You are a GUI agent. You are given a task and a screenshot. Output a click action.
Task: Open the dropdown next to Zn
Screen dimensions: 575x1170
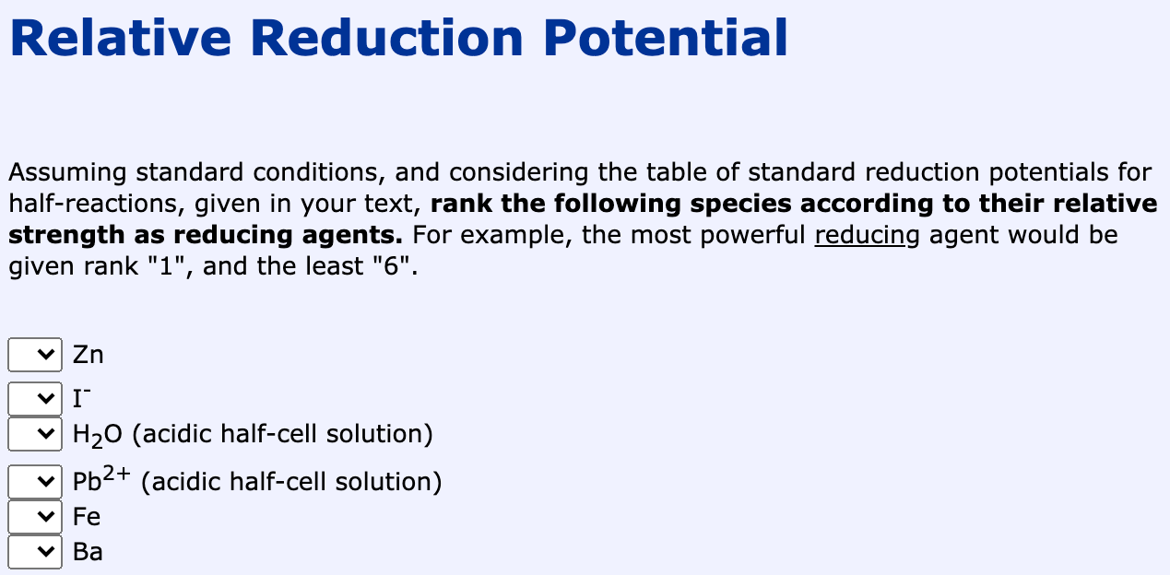point(35,354)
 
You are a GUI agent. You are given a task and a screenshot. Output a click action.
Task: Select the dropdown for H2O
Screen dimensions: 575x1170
point(35,433)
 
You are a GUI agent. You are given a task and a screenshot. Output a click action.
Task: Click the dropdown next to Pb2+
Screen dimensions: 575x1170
point(35,481)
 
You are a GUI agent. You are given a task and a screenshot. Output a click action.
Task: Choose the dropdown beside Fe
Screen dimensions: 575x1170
point(35,516)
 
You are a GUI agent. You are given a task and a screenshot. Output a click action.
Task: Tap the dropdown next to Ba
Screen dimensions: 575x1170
point(35,552)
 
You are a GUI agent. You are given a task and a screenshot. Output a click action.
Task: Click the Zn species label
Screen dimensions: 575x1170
point(89,355)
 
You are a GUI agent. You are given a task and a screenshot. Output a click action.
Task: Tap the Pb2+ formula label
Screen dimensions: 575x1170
point(102,480)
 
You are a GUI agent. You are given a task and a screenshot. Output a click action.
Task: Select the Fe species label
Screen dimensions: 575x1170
point(87,516)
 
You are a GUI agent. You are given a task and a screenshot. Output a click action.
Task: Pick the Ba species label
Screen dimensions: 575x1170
point(88,552)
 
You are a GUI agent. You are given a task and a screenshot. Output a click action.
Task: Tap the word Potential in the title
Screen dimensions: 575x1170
point(665,39)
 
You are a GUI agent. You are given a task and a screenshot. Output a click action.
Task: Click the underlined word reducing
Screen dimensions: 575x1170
point(867,235)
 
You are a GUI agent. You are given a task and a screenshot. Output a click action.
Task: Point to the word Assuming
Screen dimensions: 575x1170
point(67,172)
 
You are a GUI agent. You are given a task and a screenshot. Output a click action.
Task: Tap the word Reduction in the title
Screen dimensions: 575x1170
point(386,39)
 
